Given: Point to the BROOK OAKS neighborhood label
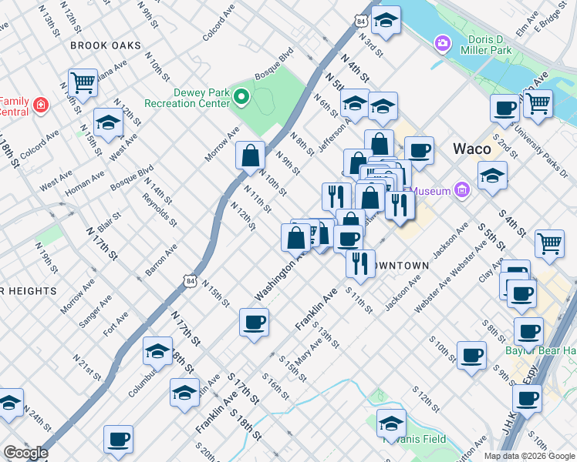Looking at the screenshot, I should (106, 45).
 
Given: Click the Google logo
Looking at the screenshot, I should (25, 453).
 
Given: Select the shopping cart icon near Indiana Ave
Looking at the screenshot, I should (82, 82).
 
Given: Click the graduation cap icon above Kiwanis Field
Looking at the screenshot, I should (391, 422).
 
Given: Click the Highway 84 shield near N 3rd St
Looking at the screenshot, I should (362, 22).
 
